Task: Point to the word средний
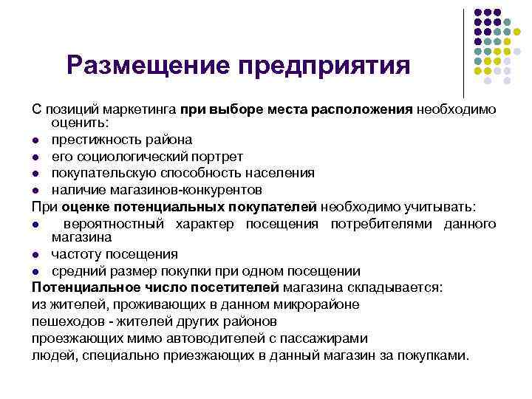(75, 270)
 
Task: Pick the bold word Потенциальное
(78, 287)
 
